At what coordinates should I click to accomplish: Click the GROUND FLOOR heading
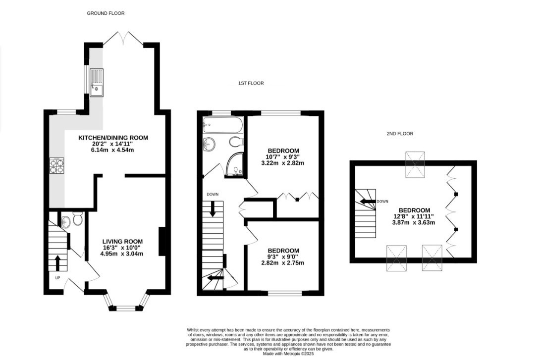pos(106,13)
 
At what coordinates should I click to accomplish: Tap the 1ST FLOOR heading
pos(251,83)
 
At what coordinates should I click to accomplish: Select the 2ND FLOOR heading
pos(400,134)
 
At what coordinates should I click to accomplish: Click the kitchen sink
pos(97,83)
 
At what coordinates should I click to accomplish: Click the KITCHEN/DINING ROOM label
pos(113,138)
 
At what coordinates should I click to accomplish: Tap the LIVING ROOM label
pos(122,242)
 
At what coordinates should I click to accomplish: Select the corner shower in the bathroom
pos(235,164)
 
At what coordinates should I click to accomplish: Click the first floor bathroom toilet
pos(236,142)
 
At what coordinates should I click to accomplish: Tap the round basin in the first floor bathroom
pos(209,144)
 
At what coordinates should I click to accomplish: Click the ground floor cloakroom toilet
pos(78,218)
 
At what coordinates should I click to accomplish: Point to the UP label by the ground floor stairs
pos(57,278)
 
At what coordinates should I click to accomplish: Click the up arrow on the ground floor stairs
pos(57,263)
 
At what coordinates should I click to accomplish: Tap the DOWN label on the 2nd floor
pos(382,202)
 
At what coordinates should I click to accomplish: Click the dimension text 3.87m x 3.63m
pos(414,223)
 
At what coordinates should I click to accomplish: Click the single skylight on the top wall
pos(415,164)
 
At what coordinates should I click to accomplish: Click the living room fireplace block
pos(162,241)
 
